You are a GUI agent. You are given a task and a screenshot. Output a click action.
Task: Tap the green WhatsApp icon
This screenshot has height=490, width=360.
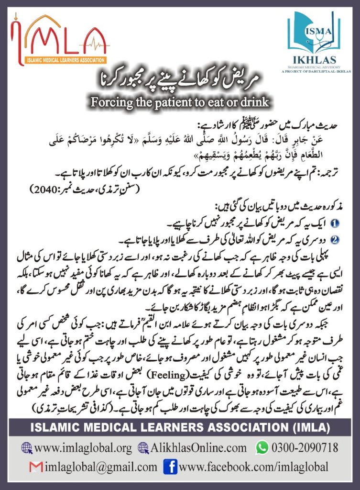[x=262, y=447]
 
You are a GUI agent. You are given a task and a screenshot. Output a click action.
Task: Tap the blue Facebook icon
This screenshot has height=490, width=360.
[x=170, y=466]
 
